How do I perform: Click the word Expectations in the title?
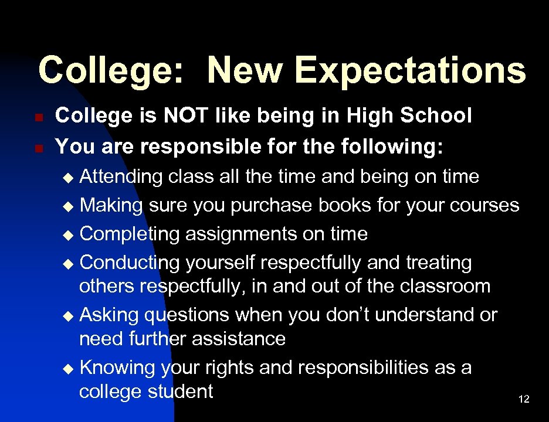(x=410, y=70)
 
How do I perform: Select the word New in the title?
(x=246, y=70)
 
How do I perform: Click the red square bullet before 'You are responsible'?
(x=38, y=148)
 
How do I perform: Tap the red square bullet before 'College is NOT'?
(x=38, y=118)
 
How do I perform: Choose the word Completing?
(x=130, y=234)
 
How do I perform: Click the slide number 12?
(x=524, y=399)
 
